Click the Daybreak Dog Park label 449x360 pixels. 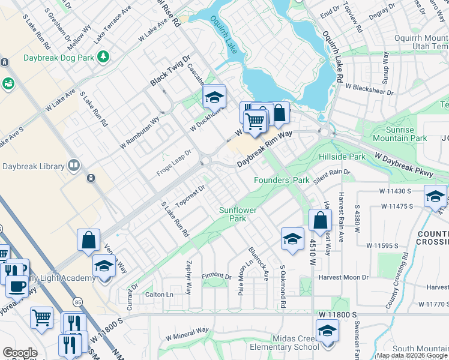point(59,58)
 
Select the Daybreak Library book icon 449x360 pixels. point(74,164)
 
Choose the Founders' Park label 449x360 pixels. point(281,180)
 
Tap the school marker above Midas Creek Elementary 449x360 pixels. point(327,331)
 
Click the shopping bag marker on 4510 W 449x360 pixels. point(321,221)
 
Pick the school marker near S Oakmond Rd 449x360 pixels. point(292,238)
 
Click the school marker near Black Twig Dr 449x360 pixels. point(214,97)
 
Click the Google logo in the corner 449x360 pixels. point(20,353)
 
